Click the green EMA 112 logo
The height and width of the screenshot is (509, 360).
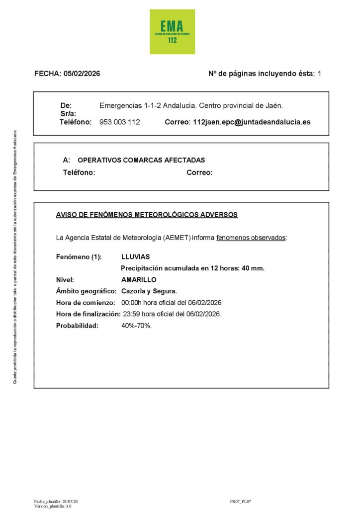click(x=172, y=32)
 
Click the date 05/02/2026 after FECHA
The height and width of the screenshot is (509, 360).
click(x=82, y=74)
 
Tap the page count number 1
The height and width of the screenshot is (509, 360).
click(x=319, y=74)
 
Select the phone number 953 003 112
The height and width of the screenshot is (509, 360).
click(x=120, y=122)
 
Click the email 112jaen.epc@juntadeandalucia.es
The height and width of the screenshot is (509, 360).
click(x=251, y=122)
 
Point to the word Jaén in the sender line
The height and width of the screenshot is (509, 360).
click(x=273, y=105)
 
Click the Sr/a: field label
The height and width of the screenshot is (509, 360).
click(x=68, y=114)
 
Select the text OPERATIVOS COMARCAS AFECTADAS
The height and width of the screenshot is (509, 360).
click(x=141, y=160)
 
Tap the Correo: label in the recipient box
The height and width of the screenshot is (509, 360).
click(x=199, y=172)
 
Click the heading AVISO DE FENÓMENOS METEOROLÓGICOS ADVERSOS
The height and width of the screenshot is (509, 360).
click(x=147, y=215)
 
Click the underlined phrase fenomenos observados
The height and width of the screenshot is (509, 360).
click(x=251, y=238)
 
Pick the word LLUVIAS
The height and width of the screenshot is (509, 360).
click(x=135, y=256)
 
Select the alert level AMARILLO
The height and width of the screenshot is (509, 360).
click(x=139, y=279)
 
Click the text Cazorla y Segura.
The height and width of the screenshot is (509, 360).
click(x=149, y=291)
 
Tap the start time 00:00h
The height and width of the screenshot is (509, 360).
click(x=131, y=303)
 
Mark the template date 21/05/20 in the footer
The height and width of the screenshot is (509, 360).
click(x=70, y=502)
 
